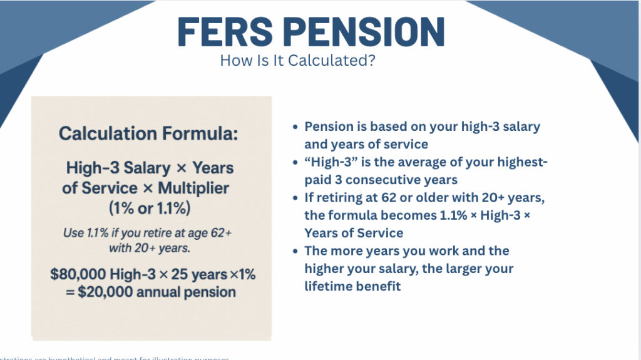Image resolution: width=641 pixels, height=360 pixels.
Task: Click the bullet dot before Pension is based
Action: click(295, 127)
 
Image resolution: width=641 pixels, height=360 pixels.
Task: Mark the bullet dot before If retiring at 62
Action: click(295, 198)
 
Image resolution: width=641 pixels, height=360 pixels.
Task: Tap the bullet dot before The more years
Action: click(295, 252)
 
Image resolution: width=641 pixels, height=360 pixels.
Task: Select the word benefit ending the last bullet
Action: click(377, 286)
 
